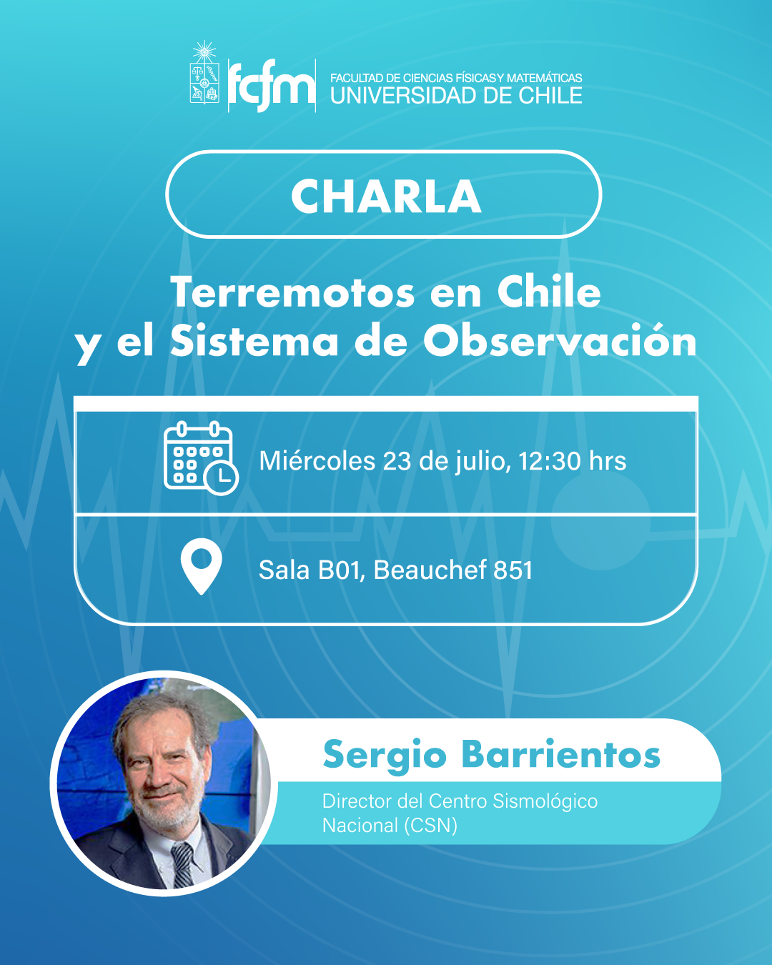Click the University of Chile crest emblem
coord(204,75)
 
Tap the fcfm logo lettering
coord(272,86)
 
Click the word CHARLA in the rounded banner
coord(386,196)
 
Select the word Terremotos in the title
coord(292,292)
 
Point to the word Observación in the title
coord(560,341)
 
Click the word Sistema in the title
coord(254,341)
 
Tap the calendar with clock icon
coord(200,458)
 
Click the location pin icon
coord(202,565)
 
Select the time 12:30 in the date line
coord(549,461)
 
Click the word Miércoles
coord(317,461)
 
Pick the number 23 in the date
coord(397,461)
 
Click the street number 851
coord(513,570)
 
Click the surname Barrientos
coord(560,755)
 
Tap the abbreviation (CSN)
coord(430,826)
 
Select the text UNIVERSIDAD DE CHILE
coord(456,96)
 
